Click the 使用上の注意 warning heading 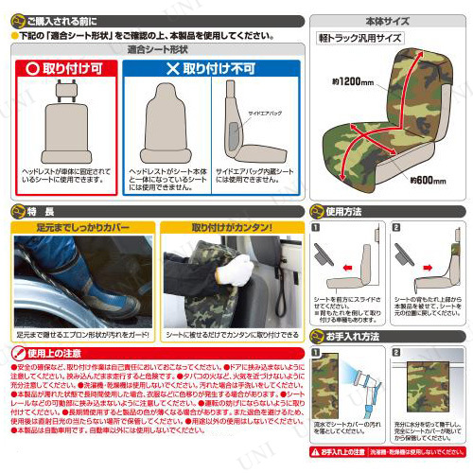[x=46, y=353]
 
